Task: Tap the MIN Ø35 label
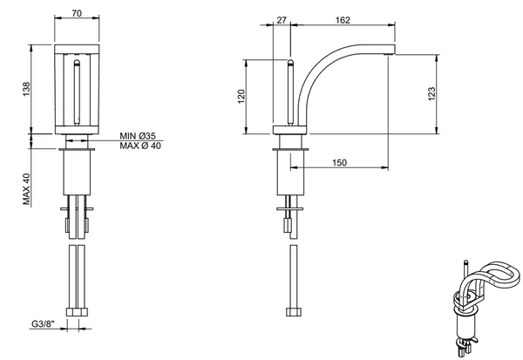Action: (x=138, y=136)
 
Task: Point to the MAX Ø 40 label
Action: (x=140, y=146)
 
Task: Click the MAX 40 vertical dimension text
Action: (x=27, y=187)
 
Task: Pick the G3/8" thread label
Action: (x=42, y=324)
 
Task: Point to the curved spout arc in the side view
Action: (x=323, y=74)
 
